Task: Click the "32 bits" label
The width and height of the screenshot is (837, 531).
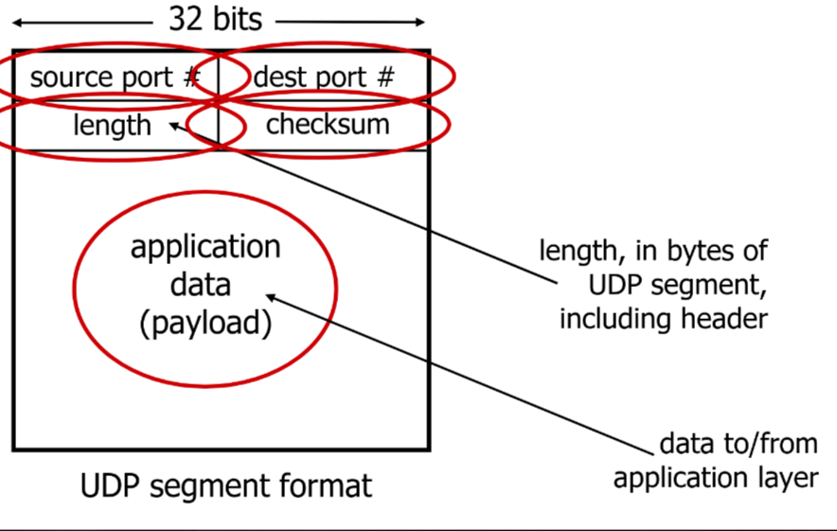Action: pyautogui.click(x=216, y=19)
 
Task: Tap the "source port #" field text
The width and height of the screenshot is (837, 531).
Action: pyautogui.click(x=115, y=78)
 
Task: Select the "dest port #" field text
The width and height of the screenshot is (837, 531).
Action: pyautogui.click(x=323, y=78)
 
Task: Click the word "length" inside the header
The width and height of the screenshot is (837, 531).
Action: pyautogui.click(x=112, y=125)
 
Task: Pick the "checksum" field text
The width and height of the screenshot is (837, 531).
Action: pyautogui.click(x=328, y=124)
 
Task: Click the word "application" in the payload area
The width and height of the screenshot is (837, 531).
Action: pyautogui.click(x=205, y=247)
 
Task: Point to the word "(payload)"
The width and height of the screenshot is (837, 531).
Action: pyautogui.click(x=205, y=324)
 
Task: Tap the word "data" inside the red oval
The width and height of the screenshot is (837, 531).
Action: pyautogui.click(x=205, y=285)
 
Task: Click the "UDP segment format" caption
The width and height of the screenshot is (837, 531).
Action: pyautogui.click(x=226, y=487)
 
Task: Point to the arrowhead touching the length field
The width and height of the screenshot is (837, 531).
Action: pyautogui.click(x=173, y=125)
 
